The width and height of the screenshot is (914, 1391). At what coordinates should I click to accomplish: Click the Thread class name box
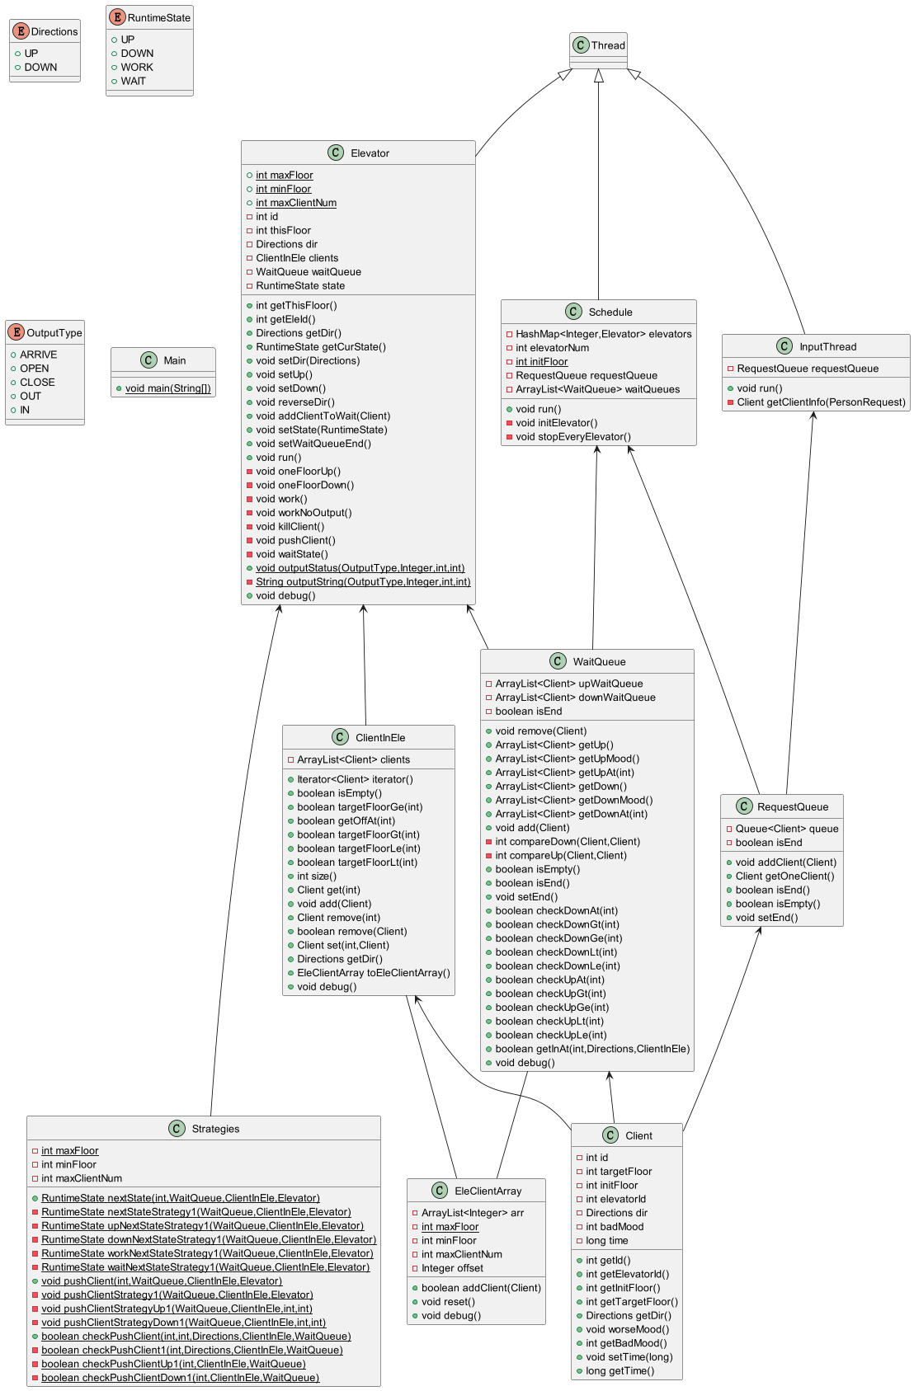(598, 45)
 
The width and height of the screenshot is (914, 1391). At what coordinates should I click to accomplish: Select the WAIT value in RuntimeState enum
(133, 81)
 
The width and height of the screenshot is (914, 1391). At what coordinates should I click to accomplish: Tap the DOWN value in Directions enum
(40, 67)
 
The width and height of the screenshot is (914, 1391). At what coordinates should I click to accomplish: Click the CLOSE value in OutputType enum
(37, 382)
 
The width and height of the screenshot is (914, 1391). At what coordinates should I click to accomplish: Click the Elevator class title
(369, 153)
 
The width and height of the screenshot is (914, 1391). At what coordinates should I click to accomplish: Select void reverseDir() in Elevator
(298, 402)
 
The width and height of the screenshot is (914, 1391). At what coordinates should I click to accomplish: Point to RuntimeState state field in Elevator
(300, 285)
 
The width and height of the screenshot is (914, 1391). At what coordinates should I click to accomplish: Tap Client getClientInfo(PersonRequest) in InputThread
(821, 402)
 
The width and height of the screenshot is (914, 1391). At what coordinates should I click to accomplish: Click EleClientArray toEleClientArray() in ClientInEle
(374, 973)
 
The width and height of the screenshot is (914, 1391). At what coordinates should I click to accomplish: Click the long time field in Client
(606, 1240)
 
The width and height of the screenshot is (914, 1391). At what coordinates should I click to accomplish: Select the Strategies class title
(215, 1128)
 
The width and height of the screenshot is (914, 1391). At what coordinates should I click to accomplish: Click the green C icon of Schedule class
(574, 311)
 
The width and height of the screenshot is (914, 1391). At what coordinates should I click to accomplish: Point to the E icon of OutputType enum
(16, 332)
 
